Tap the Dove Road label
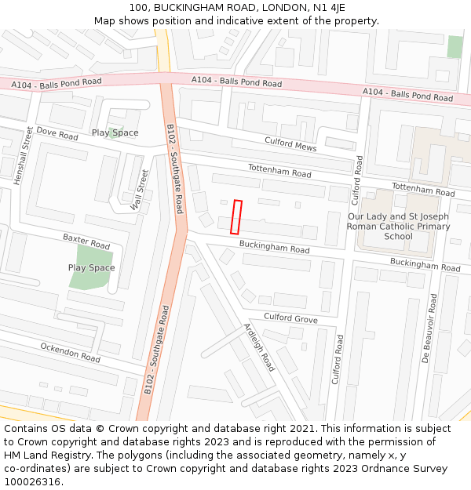coord(57,134)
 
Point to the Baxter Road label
coord(86,241)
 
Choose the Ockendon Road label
coord(71,352)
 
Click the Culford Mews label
coord(290,143)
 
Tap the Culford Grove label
coord(290,318)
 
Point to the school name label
coord(399,226)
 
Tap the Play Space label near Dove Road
coord(115,132)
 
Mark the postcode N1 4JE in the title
coord(327,7)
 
